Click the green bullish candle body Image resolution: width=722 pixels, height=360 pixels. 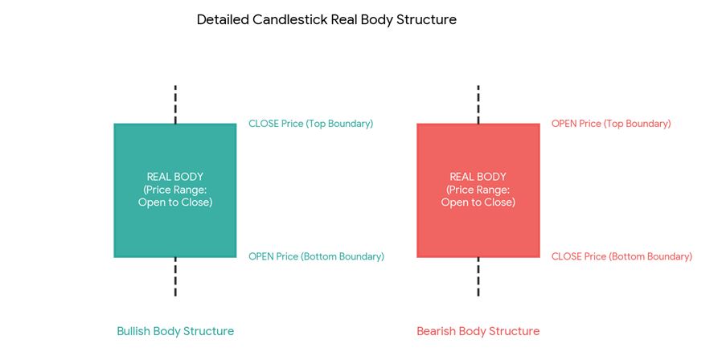click(x=175, y=190)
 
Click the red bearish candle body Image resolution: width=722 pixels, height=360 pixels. click(x=478, y=190)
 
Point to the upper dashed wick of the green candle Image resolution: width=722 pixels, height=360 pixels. click(x=175, y=104)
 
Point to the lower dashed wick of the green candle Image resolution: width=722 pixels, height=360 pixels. click(x=175, y=276)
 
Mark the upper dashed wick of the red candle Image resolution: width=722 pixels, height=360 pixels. click(x=478, y=104)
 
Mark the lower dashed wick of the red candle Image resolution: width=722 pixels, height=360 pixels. click(x=478, y=276)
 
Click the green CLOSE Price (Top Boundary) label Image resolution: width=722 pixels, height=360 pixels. click(x=311, y=124)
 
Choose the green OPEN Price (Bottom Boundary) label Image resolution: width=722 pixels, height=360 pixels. click(x=316, y=256)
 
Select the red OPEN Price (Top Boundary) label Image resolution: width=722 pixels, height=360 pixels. click(x=611, y=124)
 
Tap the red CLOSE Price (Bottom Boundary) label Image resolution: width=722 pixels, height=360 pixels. click(x=621, y=256)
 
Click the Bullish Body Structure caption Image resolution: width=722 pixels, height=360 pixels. click(x=175, y=331)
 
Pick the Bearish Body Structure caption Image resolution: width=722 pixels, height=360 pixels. click(x=478, y=331)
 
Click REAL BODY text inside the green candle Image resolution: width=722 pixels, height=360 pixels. click(x=175, y=177)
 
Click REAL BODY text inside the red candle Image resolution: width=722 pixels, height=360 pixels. click(x=478, y=177)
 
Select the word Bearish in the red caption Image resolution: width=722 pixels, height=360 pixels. click(x=436, y=331)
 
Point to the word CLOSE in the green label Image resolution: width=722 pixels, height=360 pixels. click(x=262, y=124)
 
